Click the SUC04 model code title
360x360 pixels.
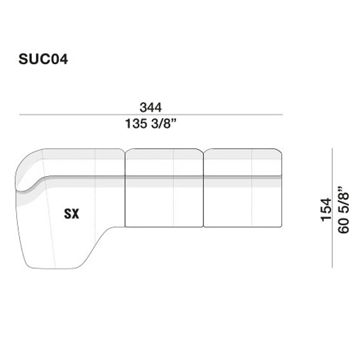click(x=43, y=59)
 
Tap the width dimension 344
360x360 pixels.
click(x=150, y=108)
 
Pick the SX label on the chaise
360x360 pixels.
click(x=71, y=215)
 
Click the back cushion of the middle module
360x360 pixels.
click(x=164, y=162)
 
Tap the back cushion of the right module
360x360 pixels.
click(x=243, y=162)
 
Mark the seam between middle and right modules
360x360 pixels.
click(x=204, y=189)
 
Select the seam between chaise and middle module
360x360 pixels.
click(x=125, y=189)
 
